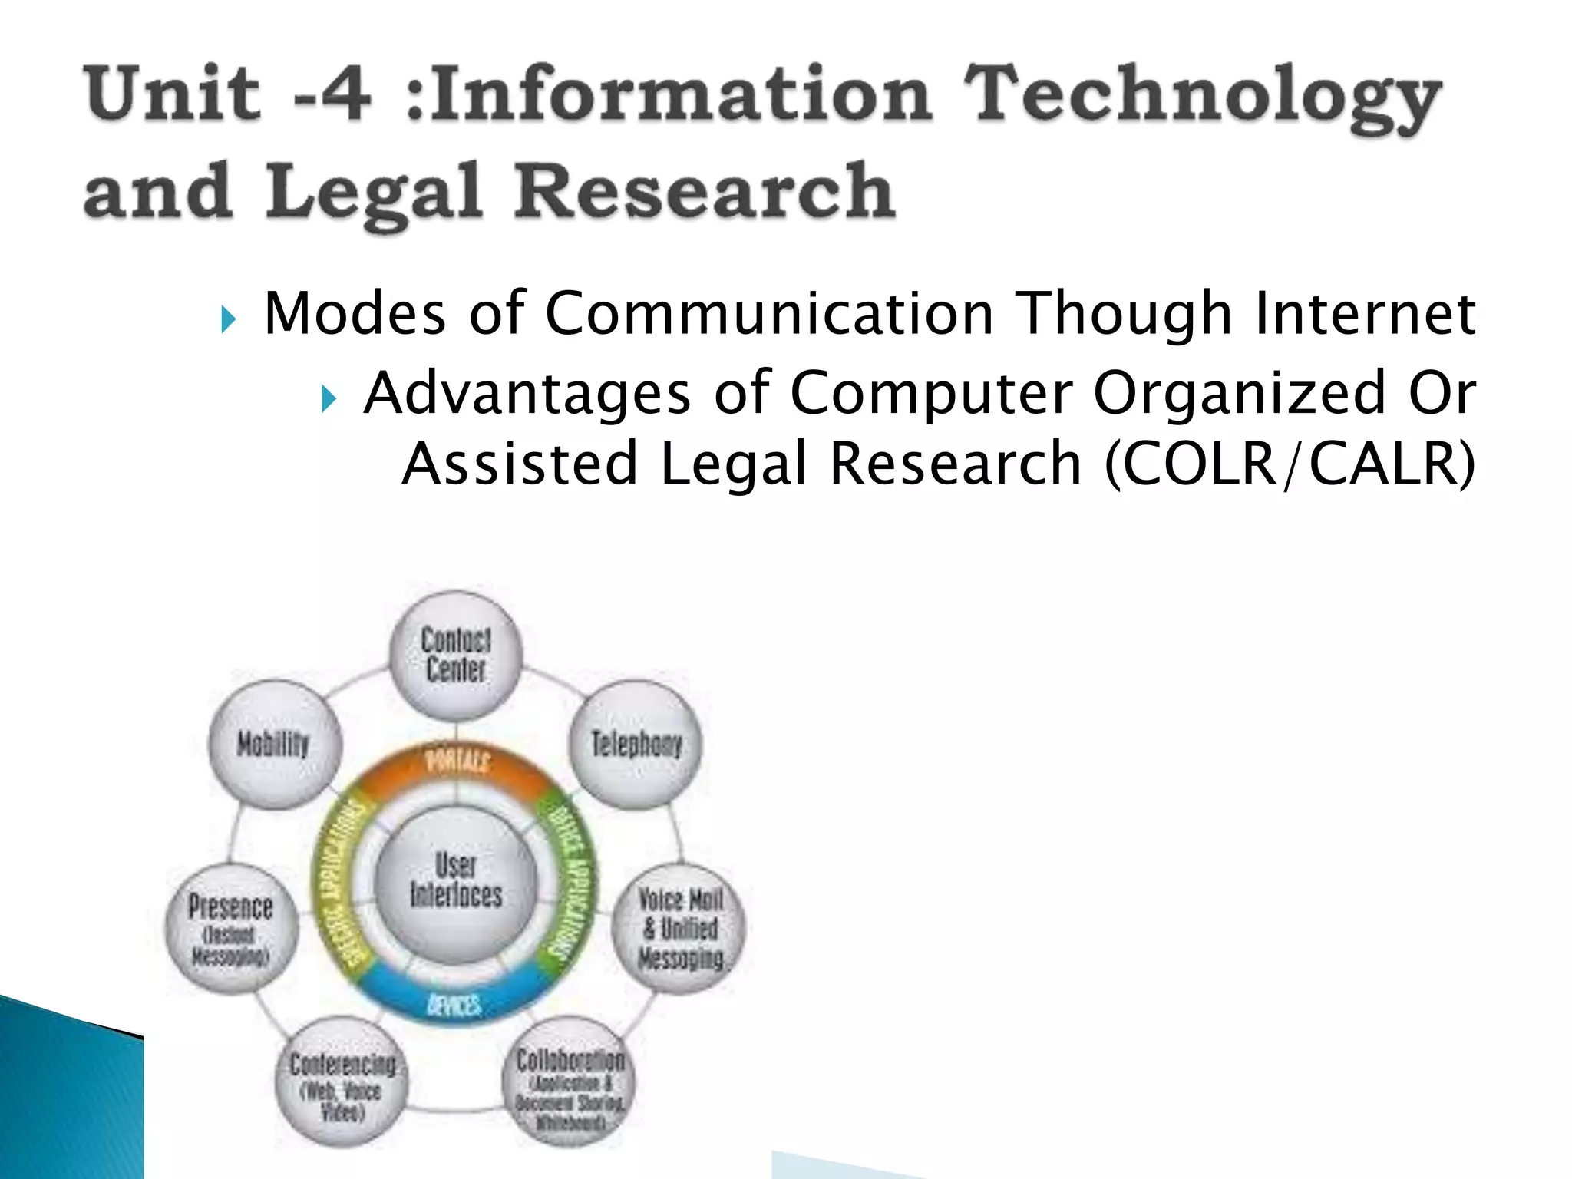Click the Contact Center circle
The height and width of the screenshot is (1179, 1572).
pyautogui.click(x=456, y=655)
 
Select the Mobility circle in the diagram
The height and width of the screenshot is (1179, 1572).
pyautogui.click(x=274, y=744)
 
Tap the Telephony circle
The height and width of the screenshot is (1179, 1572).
pyautogui.click(x=636, y=744)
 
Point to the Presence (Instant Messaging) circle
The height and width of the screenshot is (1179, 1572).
pyautogui.click(x=230, y=929)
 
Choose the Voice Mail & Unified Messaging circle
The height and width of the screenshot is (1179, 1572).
pyautogui.click(x=680, y=929)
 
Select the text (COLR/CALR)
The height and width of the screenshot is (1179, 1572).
pyautogui.click(x=1290, y=464)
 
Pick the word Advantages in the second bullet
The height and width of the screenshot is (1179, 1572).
pyautogui.click(x=527, y=393)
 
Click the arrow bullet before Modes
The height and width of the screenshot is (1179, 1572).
pyautogui.click(x=228, y=319)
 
